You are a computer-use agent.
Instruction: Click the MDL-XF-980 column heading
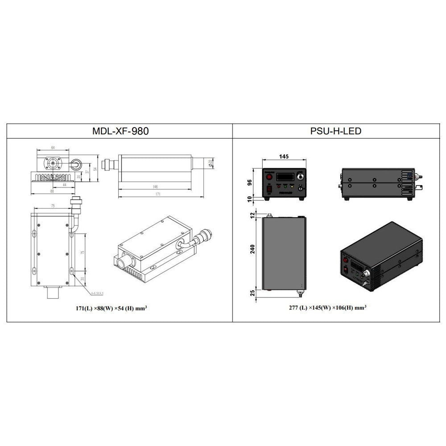coord(120,131)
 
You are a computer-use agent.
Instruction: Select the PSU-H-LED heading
coord(336,131)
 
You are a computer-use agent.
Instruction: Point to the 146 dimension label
coord(155,186)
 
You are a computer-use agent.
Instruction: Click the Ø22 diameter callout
coord(210,164)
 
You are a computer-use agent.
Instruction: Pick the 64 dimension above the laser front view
coord(53,147)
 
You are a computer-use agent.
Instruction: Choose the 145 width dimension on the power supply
coord(284,157)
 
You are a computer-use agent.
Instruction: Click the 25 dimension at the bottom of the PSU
coord(253,293)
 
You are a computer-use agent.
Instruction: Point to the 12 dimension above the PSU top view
coord(253,215)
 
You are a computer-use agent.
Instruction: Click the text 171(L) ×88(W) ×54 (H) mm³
coord(111,308)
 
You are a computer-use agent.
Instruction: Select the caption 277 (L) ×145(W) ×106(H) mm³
coord(327,308)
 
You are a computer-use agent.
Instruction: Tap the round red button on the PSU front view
coord(269,177)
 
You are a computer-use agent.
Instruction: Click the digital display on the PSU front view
coord(284,177)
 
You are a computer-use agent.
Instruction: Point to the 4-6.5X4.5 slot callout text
coord(97,293)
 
